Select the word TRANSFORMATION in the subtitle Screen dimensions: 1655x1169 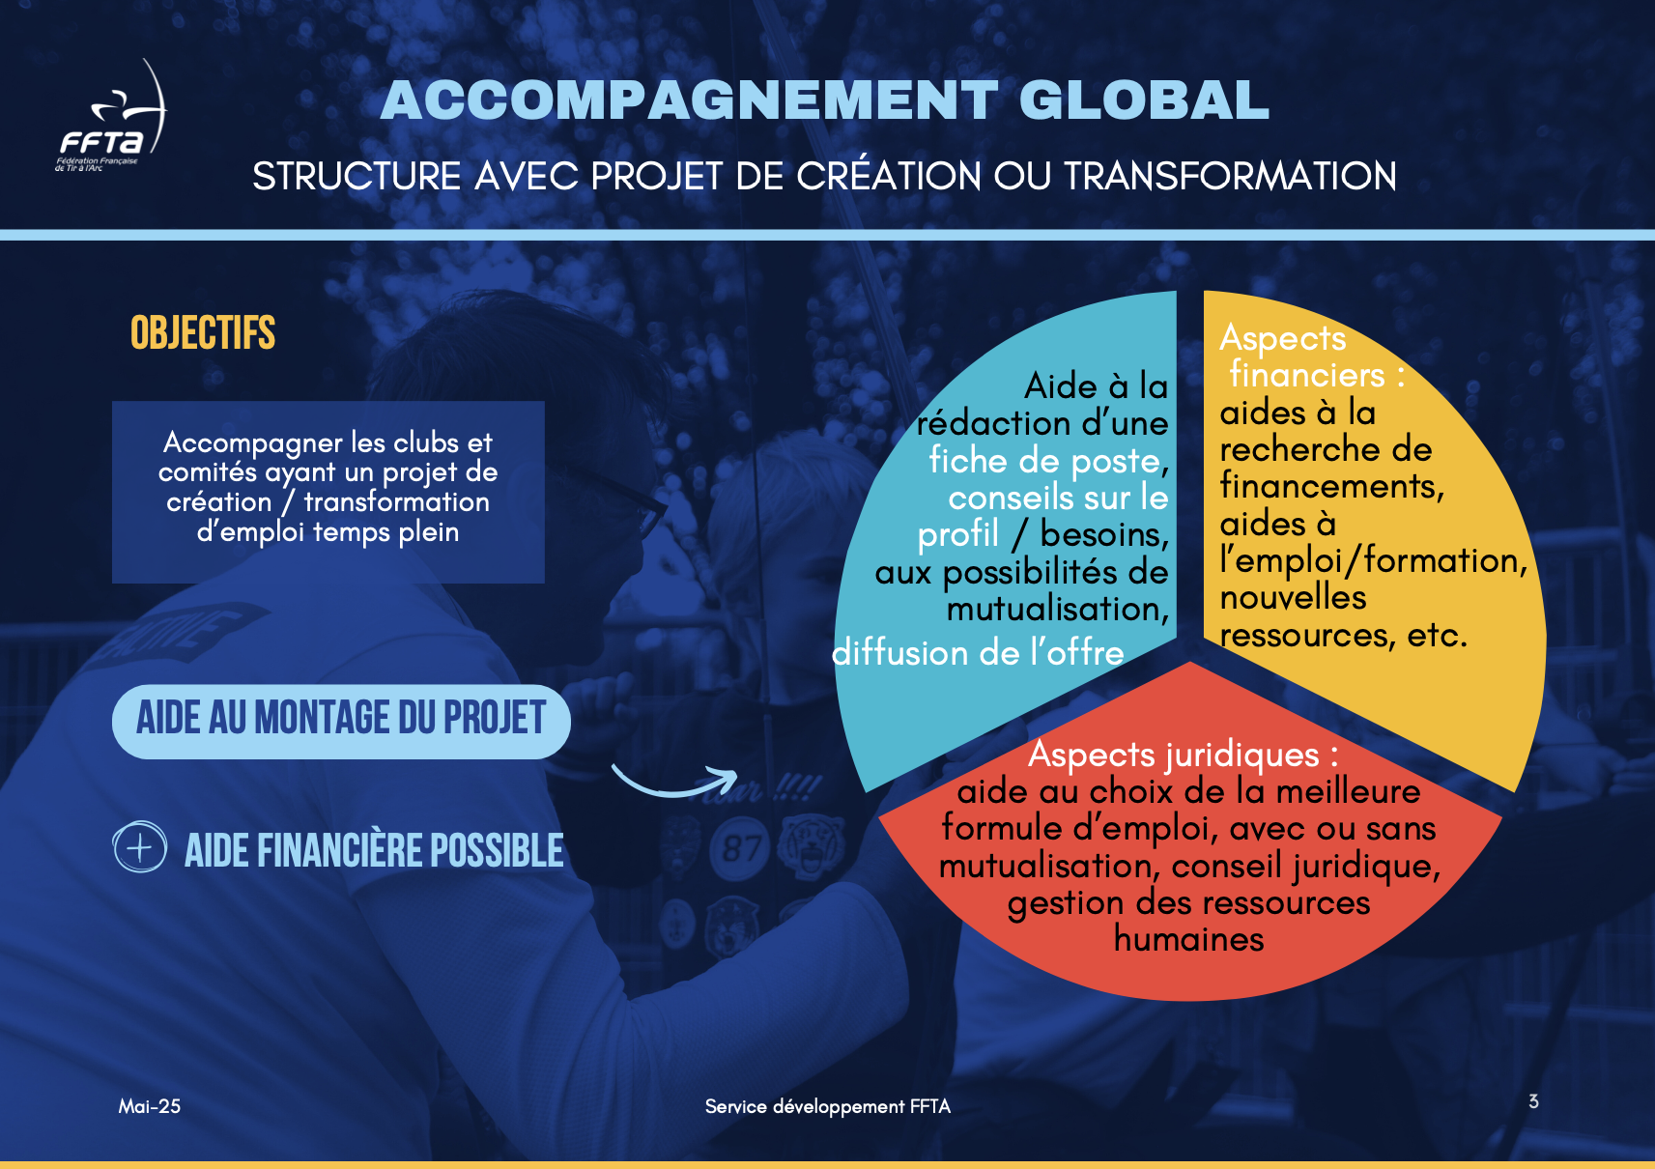1230,176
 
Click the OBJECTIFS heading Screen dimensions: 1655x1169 203,332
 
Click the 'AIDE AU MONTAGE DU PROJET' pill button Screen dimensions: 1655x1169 341,721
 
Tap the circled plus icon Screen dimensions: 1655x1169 140,847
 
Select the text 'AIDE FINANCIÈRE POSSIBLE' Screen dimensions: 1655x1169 374,850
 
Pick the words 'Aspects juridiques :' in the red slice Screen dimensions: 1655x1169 1183,755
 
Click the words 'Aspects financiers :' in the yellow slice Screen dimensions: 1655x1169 1312,356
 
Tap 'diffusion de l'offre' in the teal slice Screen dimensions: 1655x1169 978,653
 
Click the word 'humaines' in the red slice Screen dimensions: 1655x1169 1188,939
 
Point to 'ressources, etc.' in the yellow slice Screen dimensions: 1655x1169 1343,635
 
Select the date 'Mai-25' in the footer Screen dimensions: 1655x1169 149,1106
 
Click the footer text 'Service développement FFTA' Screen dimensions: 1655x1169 827,1106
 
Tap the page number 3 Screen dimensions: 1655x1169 1533,1101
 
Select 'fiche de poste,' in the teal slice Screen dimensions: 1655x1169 1049,461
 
